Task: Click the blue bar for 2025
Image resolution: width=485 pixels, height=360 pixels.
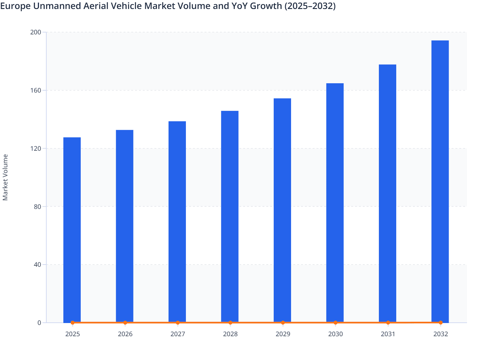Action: [72, 230]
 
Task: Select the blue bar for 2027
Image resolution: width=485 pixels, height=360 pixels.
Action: [177, 222]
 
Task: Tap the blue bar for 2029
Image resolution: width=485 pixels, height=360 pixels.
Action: [282, 211]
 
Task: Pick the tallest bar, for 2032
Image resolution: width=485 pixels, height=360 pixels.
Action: [440, 182]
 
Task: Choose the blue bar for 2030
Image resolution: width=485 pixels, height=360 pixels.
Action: [335, 203]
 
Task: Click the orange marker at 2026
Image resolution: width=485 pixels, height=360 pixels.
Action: [125, 323]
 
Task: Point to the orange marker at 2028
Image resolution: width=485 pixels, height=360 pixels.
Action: [230, 323]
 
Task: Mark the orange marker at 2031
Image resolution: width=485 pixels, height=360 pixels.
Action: [388, 323]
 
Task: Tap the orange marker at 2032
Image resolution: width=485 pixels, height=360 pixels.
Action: [441, 323]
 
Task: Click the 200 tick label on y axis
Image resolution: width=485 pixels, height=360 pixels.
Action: [35, 32]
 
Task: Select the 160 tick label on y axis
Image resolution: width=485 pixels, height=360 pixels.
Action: [35, 90]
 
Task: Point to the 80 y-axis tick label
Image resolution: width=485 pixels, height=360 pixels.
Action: [37, 207]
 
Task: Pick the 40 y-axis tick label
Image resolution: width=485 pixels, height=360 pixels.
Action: [37, 265]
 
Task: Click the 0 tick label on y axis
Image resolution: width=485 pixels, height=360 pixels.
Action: [39, 323]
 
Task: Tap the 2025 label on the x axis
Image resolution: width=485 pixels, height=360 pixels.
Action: [73, 334]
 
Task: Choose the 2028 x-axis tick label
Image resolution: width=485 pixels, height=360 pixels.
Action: [230, 334]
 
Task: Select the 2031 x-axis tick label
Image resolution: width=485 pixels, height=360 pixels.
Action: [388, 334]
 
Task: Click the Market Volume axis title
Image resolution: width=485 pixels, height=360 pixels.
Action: [5, 177]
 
